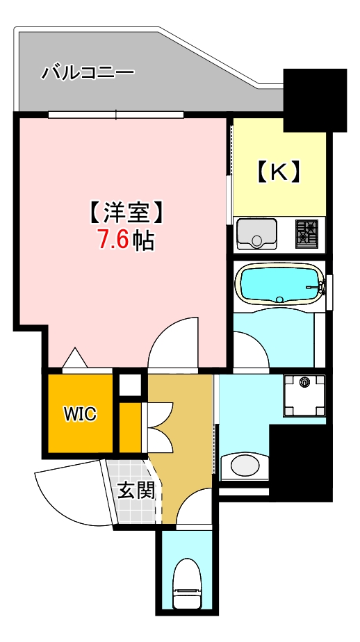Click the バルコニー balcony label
coord(88,72)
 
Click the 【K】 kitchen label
coord(279,171)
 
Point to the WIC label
coord(80,414)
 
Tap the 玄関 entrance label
coord(136,491)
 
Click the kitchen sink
coord(256,233)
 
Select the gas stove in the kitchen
coord(306,233)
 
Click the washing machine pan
coord(304,395)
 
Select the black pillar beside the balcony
coord(315,99)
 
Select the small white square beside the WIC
coord(129,384)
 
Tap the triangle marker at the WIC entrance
coord(74,358)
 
